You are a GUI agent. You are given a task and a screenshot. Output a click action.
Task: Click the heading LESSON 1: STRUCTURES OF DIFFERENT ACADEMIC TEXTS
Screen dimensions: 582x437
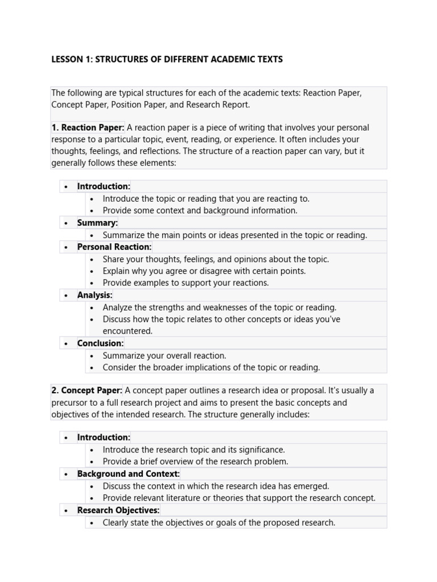(x=167, y=59)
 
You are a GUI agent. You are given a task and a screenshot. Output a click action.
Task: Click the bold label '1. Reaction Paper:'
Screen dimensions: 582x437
(x=88, y=127)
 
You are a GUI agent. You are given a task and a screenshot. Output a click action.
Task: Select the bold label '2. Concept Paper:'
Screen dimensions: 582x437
(x=86, y=390)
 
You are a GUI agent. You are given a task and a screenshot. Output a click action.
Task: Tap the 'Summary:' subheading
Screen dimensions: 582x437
(x=97, y=223)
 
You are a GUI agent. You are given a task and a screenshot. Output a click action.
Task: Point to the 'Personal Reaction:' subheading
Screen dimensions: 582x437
(x=114, y=247)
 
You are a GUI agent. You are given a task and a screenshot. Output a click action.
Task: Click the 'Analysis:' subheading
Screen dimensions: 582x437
(x=95, y=295)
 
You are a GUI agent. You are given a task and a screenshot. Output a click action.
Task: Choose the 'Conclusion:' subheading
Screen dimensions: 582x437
(x=101, y=343)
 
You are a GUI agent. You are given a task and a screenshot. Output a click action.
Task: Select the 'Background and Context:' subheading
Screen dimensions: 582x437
(x=129, y=473)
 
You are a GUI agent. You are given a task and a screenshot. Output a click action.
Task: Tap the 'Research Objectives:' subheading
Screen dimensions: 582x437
(x=118, y=510)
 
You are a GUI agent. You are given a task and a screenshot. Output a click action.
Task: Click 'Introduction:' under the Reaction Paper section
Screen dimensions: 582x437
(x=104, y=186)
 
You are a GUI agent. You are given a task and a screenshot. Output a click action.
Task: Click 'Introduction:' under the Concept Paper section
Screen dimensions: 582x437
(x=104, y=437)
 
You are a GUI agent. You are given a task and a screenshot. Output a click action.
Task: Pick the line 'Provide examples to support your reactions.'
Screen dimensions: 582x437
(x=185, y=282)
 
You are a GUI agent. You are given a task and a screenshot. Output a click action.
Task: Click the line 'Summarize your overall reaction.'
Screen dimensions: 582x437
(x=164, y=355)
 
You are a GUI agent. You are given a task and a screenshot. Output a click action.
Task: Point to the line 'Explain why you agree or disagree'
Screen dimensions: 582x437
(x=204, y=271)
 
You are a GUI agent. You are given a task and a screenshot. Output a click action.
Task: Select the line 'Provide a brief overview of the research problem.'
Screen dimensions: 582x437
(x=195, y=462)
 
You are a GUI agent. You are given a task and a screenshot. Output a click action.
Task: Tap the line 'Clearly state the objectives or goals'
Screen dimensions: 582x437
(x=219, y=522)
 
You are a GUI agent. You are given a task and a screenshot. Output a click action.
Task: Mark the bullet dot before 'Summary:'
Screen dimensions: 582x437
(x=67, y=223)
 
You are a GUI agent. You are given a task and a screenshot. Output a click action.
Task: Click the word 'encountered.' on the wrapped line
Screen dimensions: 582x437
(x=127, y=331)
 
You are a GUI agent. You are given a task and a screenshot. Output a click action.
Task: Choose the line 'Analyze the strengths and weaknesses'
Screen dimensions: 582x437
(x=220, y=307)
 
